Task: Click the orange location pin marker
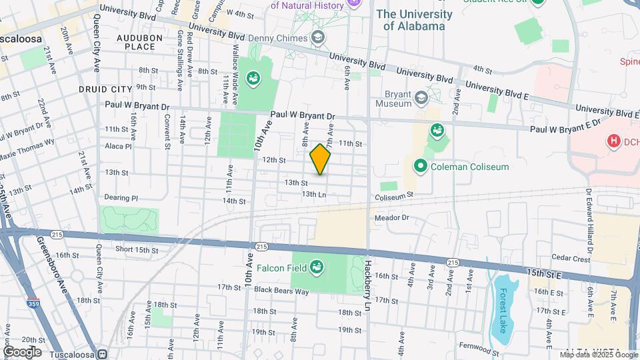(x=320, y=159)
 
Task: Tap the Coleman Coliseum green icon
(x=421, y=166)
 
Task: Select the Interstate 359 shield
(x=33, y=303)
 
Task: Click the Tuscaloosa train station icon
(x=102, y=354)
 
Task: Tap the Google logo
(x=22, y=351)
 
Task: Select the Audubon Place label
(x=139, y=42)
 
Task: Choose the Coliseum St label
(x=394, y=195)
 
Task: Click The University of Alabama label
(x=414, y=20)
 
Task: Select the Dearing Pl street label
(x=121, y=198)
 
